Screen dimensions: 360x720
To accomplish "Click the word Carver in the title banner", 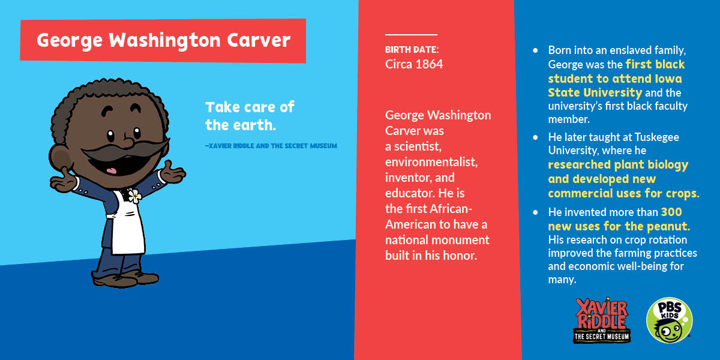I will [x=259, y=41].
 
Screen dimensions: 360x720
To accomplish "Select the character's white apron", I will [x=128, y=225].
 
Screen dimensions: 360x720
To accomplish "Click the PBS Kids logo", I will [x=669, y=320].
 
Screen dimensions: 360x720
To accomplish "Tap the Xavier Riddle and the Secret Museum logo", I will [x=602, y=320].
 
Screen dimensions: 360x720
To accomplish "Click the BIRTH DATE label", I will [x=412, y=49].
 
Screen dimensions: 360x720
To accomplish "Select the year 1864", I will [x=428, y=64].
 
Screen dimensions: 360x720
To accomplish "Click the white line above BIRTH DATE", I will [x=411, y=35].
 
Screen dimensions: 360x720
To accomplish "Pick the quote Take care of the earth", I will [x=250, y=116].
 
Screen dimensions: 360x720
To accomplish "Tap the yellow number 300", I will [x=671, y=212].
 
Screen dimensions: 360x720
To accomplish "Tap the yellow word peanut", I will [x=670, y=226].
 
